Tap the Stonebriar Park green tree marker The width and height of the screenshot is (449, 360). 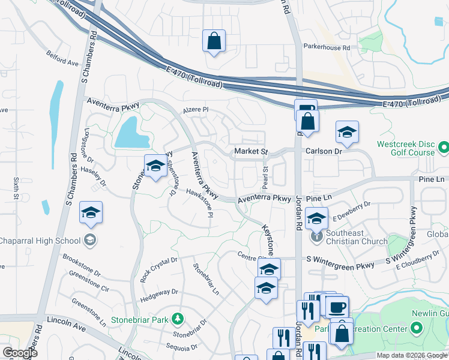(177, 317)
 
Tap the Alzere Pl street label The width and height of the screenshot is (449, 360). (196, 110)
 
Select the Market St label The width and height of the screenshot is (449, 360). (250, 151)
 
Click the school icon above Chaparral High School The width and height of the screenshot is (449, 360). (91, 212)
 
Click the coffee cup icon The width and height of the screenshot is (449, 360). (336, 307)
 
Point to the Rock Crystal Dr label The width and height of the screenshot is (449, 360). (159, 269)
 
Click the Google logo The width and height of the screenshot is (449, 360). (20, 353)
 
